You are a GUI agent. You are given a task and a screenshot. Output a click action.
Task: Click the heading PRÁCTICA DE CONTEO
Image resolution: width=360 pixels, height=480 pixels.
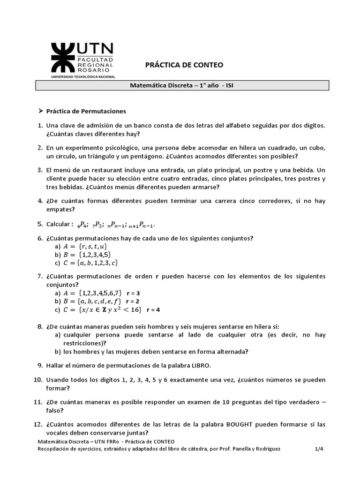183,65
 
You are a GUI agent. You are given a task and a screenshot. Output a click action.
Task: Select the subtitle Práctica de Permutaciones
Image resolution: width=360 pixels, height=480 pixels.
86,111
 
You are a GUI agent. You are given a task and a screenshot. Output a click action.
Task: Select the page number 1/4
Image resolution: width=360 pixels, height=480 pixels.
319,449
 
